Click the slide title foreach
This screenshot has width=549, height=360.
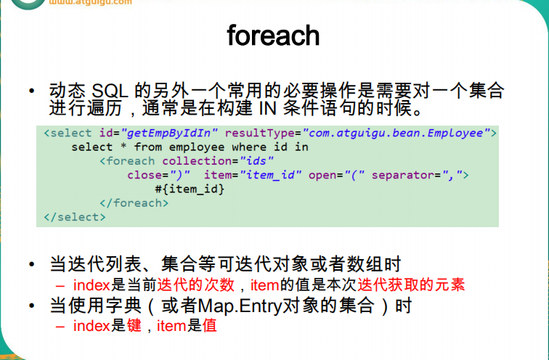[273, 35]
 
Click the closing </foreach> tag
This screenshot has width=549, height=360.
[134, 202]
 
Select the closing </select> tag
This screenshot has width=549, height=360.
[75, 216]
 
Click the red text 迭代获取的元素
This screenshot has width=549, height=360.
[423, 285]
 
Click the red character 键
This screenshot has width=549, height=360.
[134, 326]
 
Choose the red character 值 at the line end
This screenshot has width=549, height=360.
[210, 326]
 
